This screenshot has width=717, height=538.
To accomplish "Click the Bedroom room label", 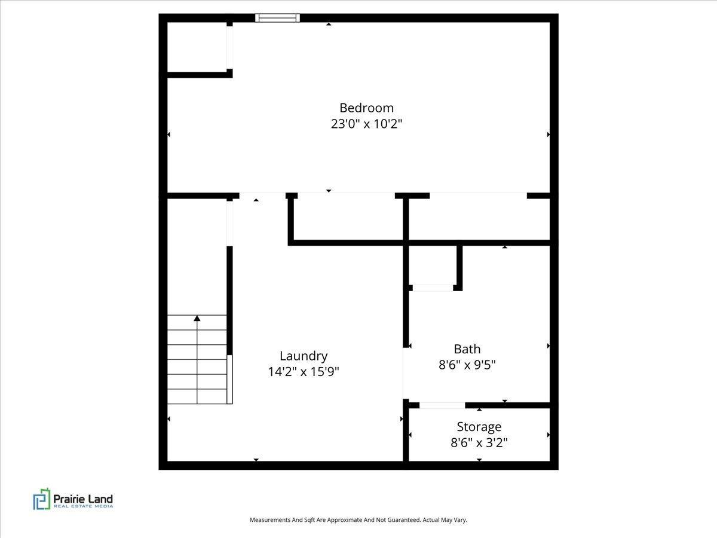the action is (366, 108).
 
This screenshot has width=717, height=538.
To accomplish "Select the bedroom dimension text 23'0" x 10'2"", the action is (366, 124).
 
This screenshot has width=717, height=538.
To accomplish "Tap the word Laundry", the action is (304, 356).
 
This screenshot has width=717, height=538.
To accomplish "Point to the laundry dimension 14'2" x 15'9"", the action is (304, 372).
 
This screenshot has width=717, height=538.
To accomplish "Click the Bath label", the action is (467, 349).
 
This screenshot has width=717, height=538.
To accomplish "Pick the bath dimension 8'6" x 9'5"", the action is (467, 365).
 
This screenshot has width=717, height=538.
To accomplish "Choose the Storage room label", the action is (479, 427).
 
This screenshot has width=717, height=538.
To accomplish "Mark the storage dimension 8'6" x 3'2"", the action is (479, 442).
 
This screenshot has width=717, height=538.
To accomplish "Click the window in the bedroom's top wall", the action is (277, 18).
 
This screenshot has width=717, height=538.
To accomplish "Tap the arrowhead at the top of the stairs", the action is (197, 318).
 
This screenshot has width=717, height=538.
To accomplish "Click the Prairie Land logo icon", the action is (42, 499).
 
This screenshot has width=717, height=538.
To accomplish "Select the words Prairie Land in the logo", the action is (83, 499).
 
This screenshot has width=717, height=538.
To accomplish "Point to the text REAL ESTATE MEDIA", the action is (83, 506).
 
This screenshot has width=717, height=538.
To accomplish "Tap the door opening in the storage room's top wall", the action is (442, 405).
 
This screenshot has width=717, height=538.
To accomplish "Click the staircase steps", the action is (197, 359).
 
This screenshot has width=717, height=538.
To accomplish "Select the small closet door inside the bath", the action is (433, 288).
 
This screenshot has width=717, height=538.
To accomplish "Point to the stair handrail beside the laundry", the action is (229, 379).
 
